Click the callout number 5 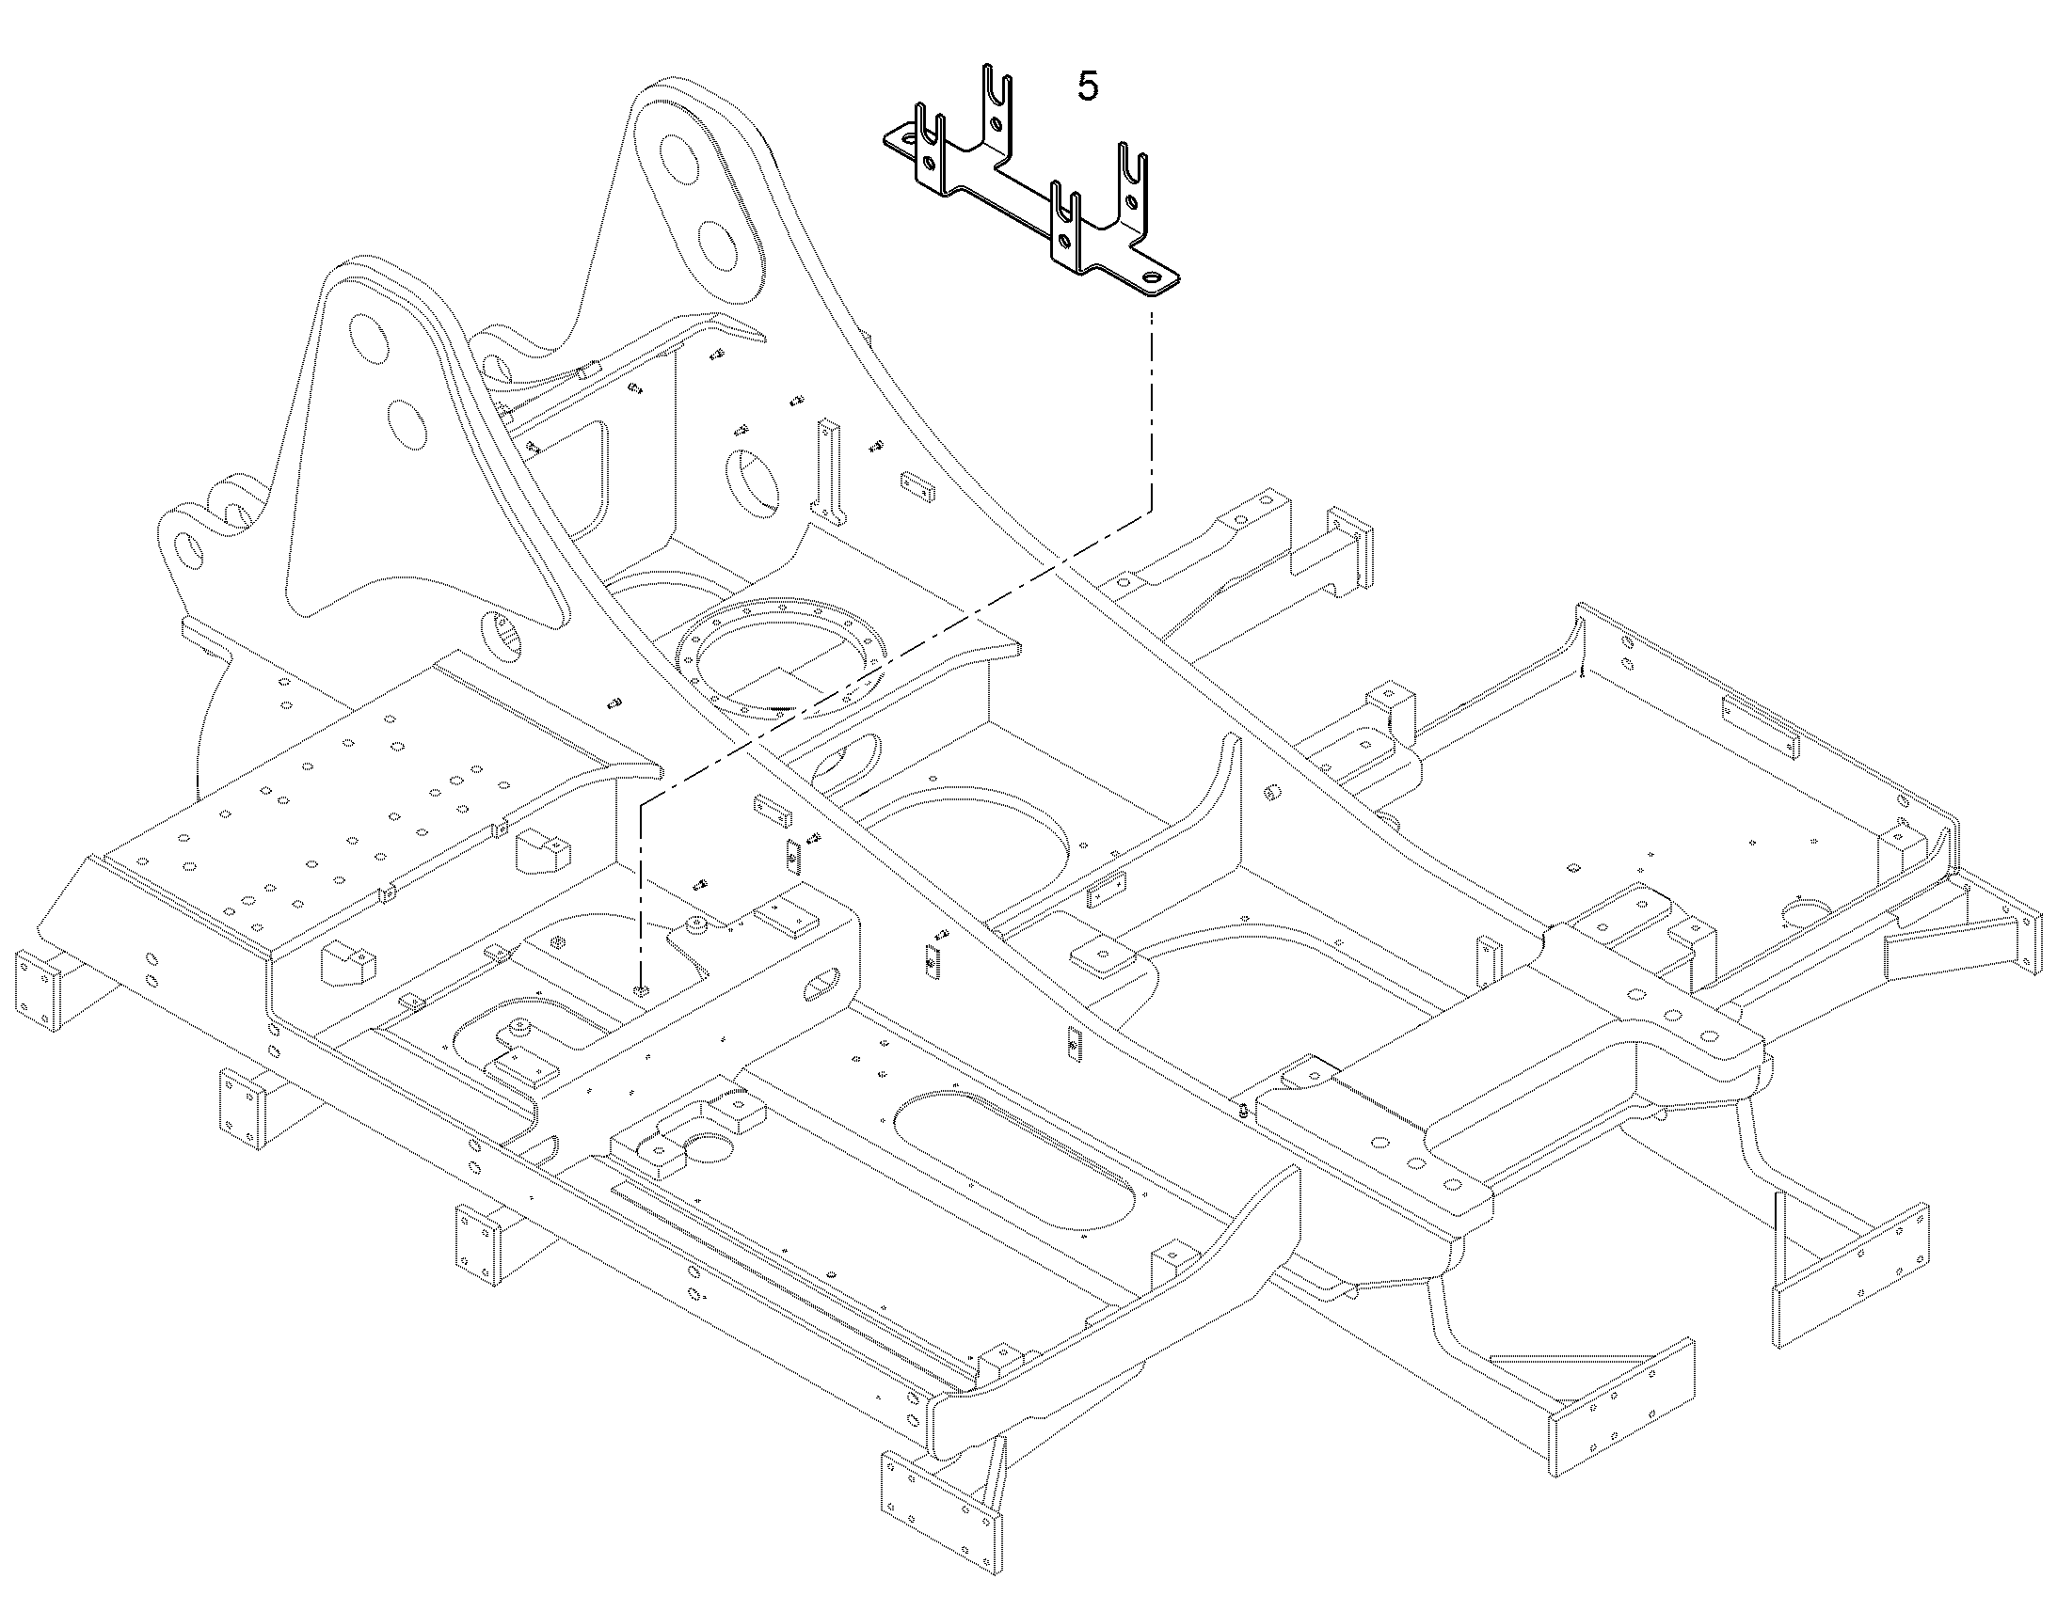pyautogui.click(x=1088, y=87)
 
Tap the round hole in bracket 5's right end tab pyautogui.click(x=1153, y=279)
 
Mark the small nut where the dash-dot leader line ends pyautogui.click(x=642, y=990)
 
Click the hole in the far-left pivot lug pyautogui.click(x=188, y=551)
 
